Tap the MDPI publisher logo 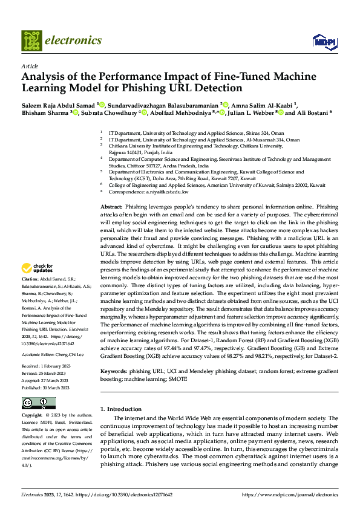tap(322, 41)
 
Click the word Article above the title tap(29, 66)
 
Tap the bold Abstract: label tap(111, 207)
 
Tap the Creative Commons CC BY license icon tap(38, 403)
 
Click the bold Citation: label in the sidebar tap(32, 279)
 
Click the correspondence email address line tap(148, 192)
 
